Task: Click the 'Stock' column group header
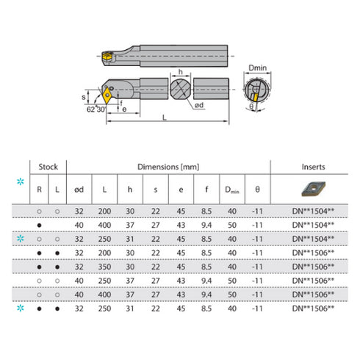(x=47, y=167)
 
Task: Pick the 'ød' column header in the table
(x=79, y=190)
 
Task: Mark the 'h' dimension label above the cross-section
(x=180, y=72)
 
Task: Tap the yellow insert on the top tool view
(x=107, y=54)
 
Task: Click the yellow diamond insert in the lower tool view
(x=110, y=94)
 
